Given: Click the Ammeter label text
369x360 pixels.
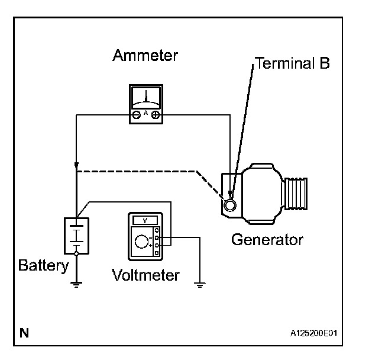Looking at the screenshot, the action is [145, 56].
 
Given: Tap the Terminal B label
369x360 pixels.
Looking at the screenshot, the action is [292, 63].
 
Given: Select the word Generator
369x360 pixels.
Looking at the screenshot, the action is [267, 240].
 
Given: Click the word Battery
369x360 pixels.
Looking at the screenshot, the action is [44, 266].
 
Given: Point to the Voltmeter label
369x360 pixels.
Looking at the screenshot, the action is [145, 275].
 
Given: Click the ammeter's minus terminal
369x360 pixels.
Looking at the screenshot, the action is [136, 115].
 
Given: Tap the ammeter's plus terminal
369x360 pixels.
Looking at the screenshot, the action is [156, 115].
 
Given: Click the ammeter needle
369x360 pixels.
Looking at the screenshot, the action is [146, 96].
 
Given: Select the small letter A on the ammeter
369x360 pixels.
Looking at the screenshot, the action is [146, 113].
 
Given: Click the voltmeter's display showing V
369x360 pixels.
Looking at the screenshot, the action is [145, 220].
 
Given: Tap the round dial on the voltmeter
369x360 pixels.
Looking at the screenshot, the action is [141, 242].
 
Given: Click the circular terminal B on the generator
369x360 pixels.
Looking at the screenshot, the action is [229, 205].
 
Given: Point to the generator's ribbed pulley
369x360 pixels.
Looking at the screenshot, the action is [296, 194].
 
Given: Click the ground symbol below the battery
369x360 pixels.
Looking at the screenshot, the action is [76, 285].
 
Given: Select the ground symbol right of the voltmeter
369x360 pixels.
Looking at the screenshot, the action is [200, 285].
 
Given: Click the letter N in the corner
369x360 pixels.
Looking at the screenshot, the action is [24, 333].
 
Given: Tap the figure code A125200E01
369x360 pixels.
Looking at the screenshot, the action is [313, 333].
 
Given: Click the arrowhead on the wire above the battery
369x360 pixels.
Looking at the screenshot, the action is [76, 165].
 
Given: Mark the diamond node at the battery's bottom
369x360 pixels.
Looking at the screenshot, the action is [76, 254].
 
